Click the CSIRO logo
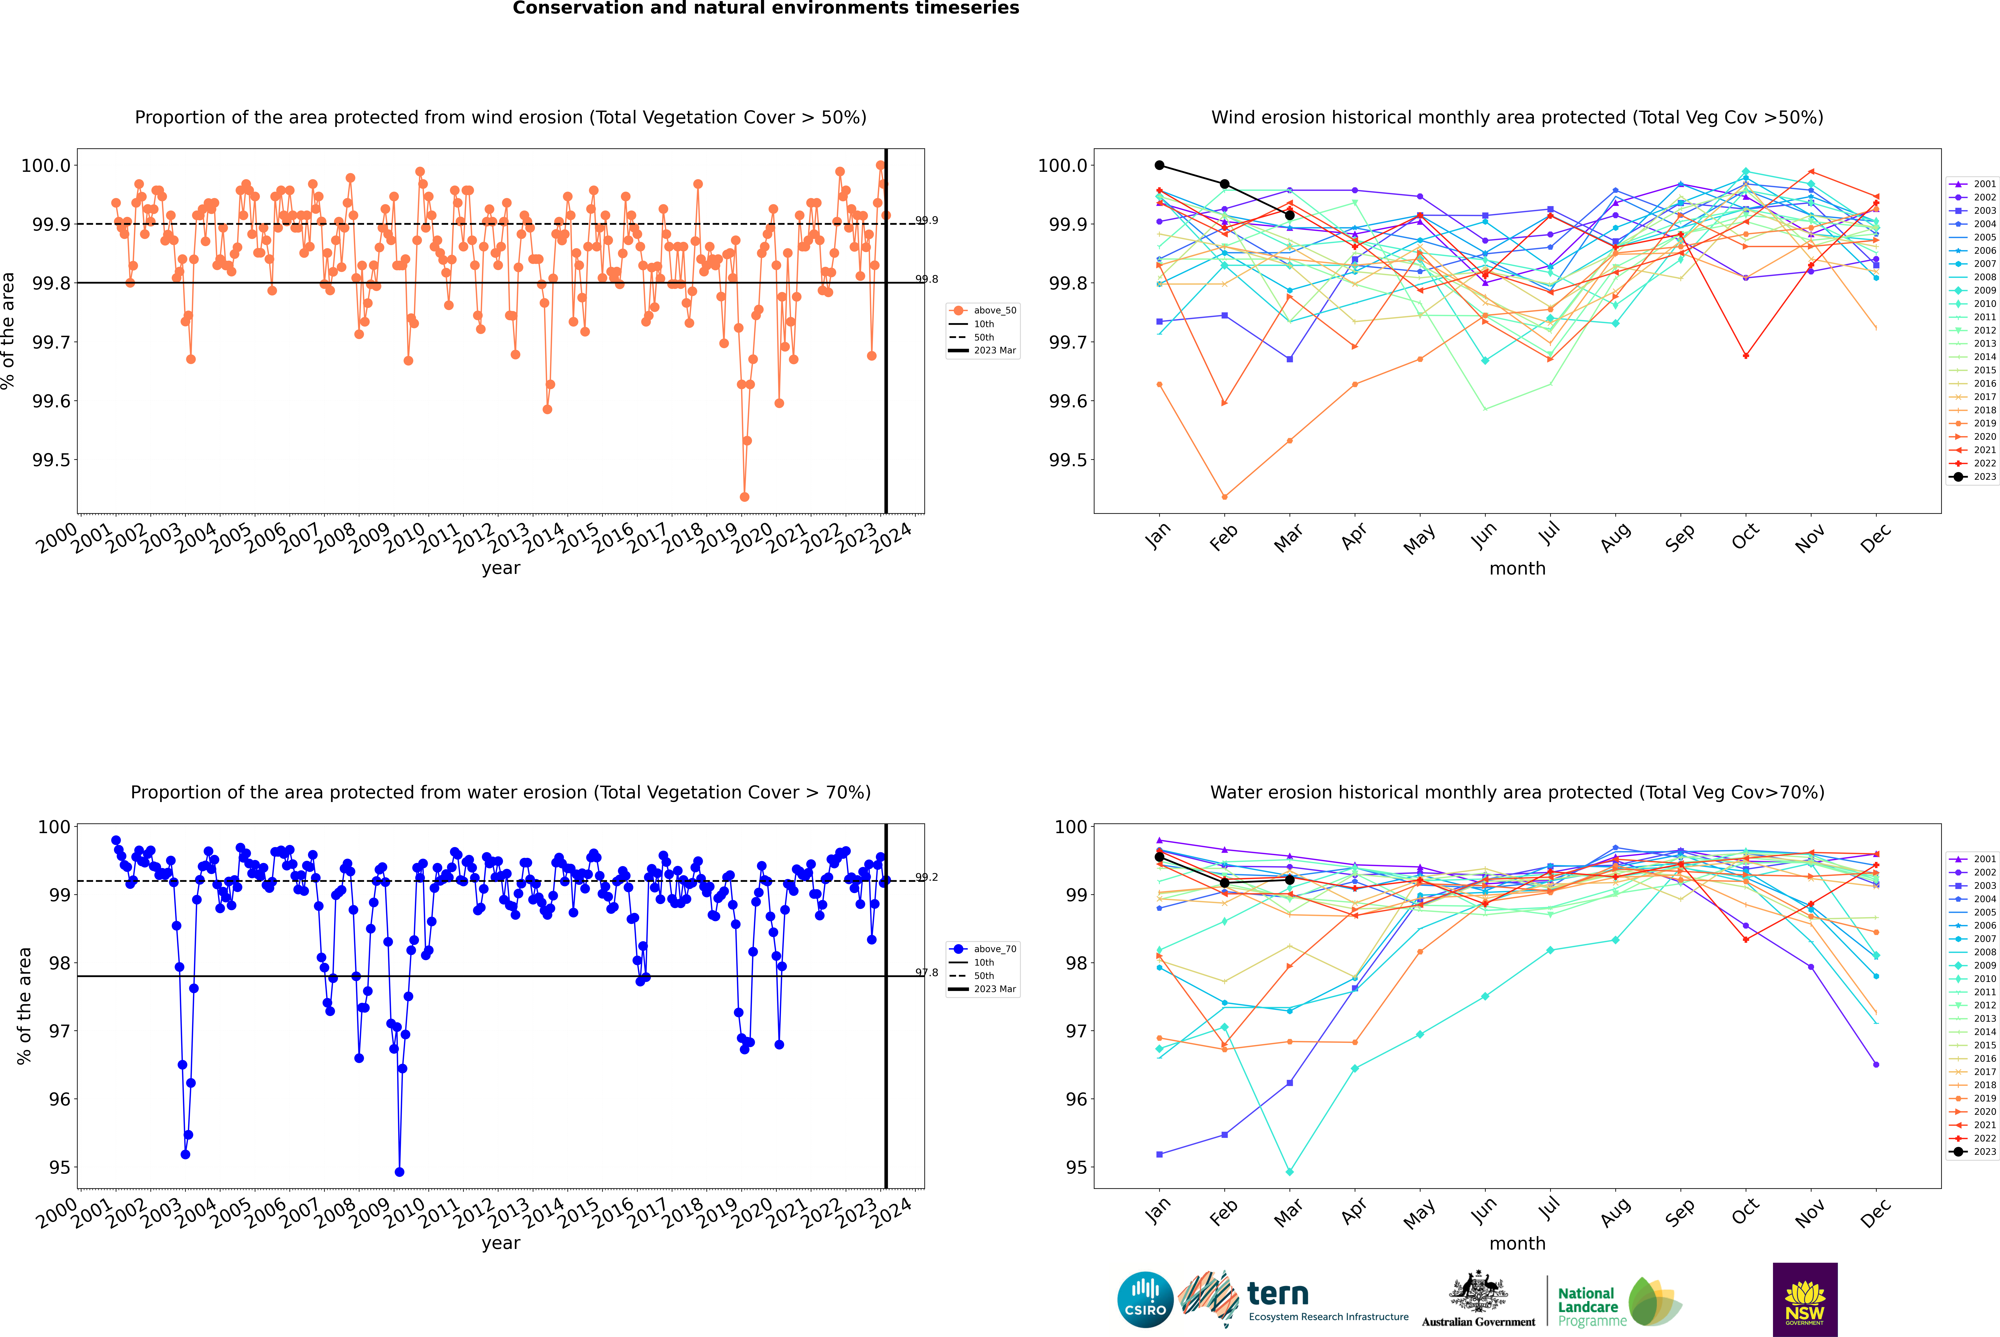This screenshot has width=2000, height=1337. tap(1145, 1300)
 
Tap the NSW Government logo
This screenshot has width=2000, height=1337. tap(1805, 1300)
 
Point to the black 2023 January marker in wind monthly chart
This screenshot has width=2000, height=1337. tap(1159, 165)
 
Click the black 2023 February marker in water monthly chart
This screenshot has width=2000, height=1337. tap(1224, 882)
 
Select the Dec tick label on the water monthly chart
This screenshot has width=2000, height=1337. tap(1875, 1212)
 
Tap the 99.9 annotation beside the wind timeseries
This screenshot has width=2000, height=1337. tap(927, 220)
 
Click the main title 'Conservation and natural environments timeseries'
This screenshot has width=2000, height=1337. tap(765, 8)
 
